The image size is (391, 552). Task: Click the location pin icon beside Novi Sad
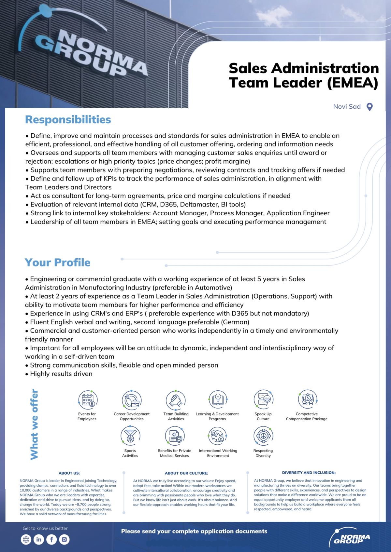[x=369, y=107]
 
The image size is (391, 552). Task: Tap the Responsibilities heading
[x=68, y=119]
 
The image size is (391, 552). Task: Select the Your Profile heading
[x=57, y=262]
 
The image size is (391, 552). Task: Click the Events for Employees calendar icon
[x=88, y=399]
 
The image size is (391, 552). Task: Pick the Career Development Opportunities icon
[x=131, y=399]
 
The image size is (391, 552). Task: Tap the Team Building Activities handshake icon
[x=176, y=399]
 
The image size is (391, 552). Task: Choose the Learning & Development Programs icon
[x=218, y=399]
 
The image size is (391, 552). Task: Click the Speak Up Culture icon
[x=263, y=399]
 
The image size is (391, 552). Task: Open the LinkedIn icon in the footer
[x=38, y=539]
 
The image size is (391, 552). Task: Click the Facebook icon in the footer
[x=51, y=539]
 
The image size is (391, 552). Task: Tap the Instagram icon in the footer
[x=64, y=539]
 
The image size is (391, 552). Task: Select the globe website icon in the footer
[x=26, y=539]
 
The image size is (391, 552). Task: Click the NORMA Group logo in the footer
[x=350, y=537]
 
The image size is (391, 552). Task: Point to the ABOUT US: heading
[x=69, y=473]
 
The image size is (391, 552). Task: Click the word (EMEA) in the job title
[x=353, y=83]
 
